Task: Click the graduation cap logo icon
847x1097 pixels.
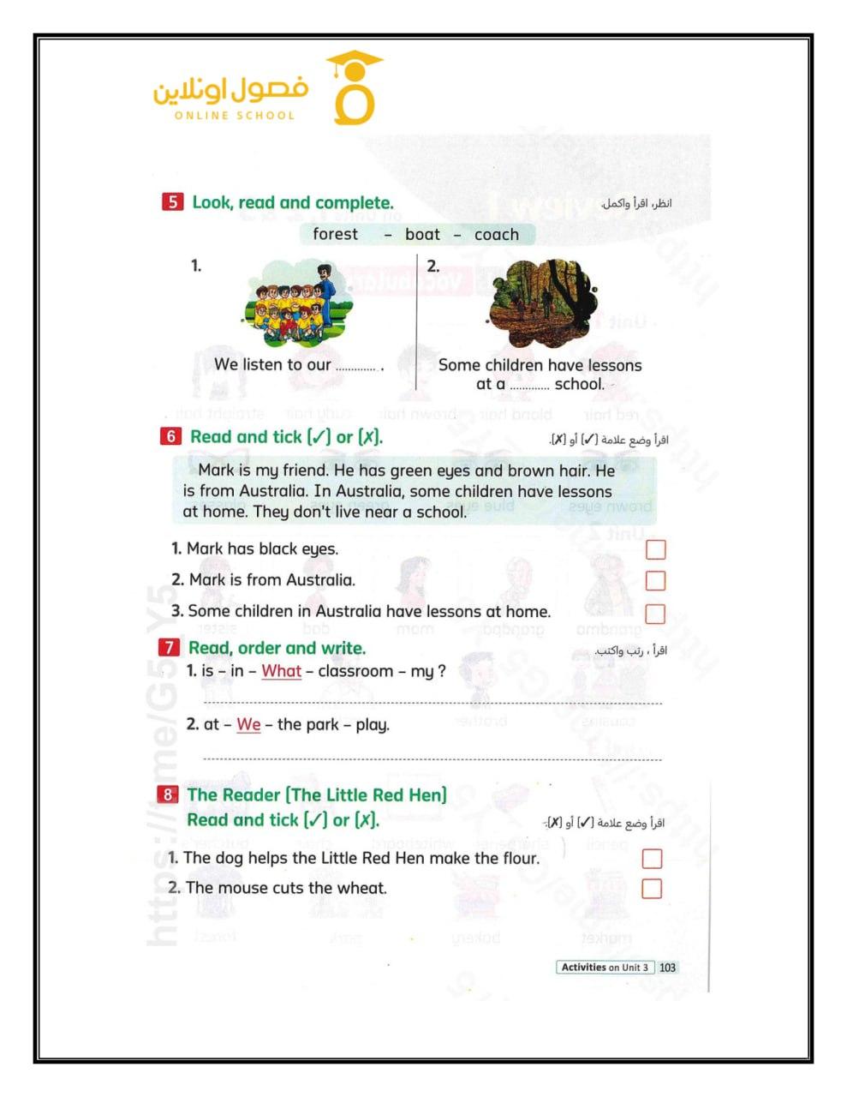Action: coord(353,87)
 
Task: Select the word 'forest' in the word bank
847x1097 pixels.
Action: coord(336,234)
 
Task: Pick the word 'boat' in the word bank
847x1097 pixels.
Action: coord(422,234)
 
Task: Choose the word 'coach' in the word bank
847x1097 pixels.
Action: coord(497,234)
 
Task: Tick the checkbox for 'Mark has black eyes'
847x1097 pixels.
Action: coord(655,549)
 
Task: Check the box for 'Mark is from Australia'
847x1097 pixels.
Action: coord(655,580)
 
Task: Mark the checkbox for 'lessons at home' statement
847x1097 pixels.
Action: coord(655,614)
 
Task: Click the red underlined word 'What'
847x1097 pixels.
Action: coord(281,671)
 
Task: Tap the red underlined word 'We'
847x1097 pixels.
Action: coord(248,724)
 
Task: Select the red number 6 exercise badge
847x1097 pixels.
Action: coord(170,436)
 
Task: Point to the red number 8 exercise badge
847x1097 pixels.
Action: coord(168,794)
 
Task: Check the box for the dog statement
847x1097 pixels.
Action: coord(652,858)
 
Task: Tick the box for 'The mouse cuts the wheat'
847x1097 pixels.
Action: coord(652,888)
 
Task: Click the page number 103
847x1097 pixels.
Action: coord(668,968)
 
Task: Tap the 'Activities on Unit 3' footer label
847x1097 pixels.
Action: coord(605,968)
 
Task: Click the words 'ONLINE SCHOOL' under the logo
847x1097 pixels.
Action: coord(234,116)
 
